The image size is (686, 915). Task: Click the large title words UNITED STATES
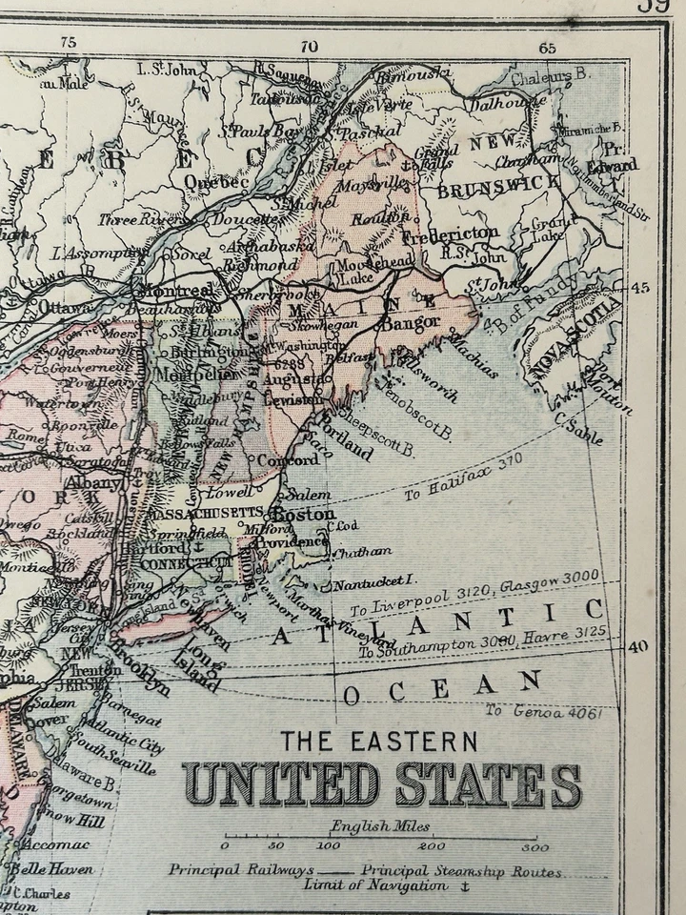coord(381,784)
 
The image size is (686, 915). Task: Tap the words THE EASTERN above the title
coord(379,740)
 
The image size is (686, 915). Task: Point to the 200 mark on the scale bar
coord(432,846)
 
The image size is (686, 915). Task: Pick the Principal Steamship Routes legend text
coord(461,871)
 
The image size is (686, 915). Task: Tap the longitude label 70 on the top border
coord(307,45)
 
